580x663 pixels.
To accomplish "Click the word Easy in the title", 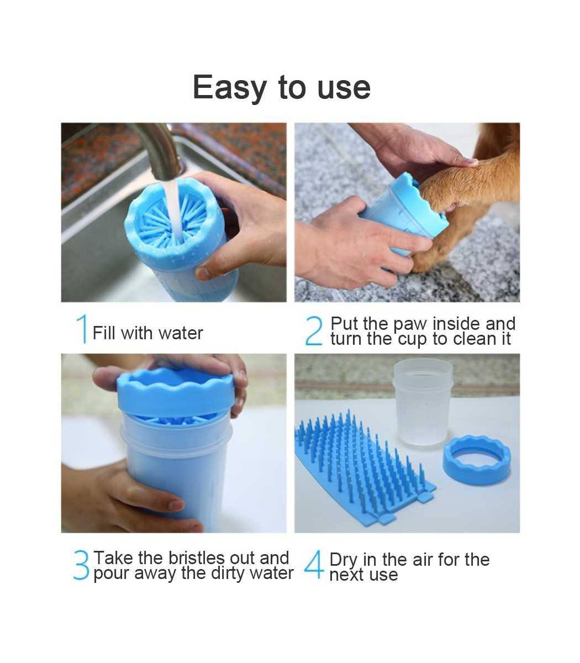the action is (230, 88).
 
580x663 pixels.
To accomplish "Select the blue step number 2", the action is (314, 331).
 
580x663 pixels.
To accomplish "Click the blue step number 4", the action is (314, 564).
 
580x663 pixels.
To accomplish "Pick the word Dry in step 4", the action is (344, 560).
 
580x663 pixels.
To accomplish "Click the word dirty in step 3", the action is (229, 573).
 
